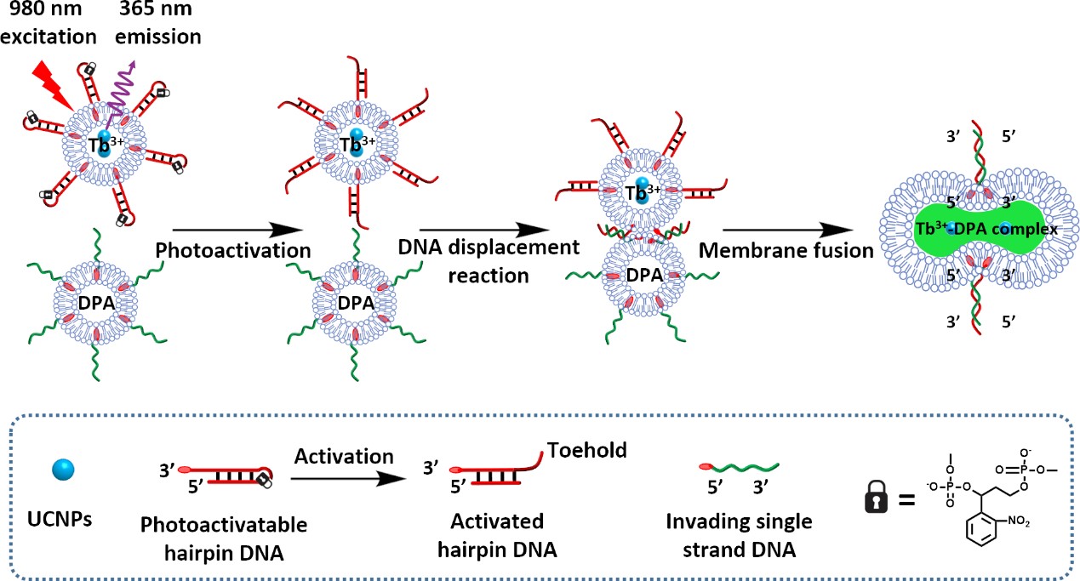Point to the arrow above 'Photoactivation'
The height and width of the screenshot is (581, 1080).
coord(237,229)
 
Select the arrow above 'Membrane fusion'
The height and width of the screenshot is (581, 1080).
coord(788,229)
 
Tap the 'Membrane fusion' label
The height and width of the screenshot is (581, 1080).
coord(787,252)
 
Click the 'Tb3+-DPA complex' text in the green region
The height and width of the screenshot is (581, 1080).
coord(965,230)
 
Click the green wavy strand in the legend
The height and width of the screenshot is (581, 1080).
coord(739,467)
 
